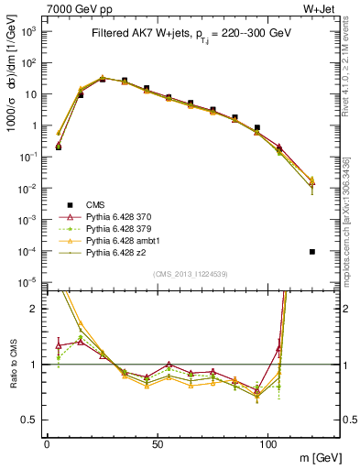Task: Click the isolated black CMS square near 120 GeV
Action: pyautogui.click(x=312, y=251)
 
